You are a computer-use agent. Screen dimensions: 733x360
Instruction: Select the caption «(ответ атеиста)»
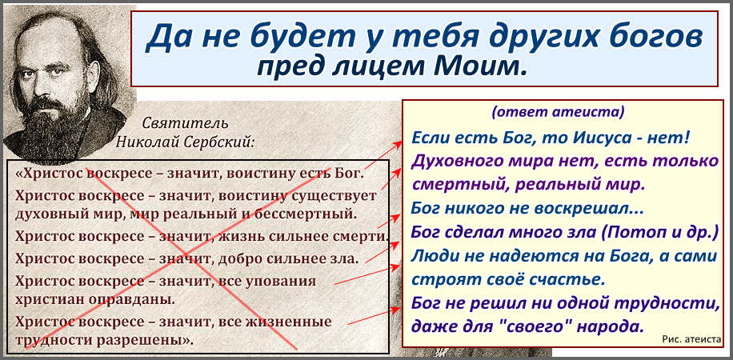pos(558,113)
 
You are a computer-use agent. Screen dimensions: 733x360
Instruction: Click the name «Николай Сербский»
pos(186,141)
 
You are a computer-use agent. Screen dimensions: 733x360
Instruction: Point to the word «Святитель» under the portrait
pos(185,123)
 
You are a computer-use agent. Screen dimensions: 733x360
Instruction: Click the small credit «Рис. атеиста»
pos(692,340)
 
